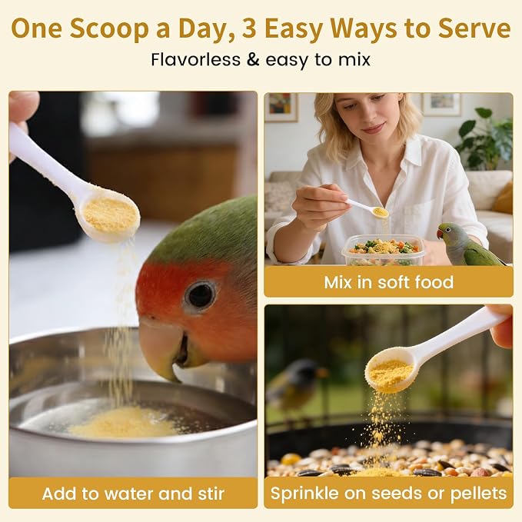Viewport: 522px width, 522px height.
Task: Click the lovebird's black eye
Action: coord(200,295)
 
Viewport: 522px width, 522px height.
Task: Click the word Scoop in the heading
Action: coord(109,29)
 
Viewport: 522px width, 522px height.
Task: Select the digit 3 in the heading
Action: coord(249,28)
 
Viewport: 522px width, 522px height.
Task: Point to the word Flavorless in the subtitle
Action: coord(195,60)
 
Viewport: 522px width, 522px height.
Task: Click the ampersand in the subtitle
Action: coord(253,60)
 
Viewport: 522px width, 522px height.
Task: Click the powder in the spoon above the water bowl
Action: coord(110,214)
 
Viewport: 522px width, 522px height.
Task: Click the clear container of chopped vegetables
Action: coord(383,250)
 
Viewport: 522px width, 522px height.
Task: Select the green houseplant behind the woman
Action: coord(486,137)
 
